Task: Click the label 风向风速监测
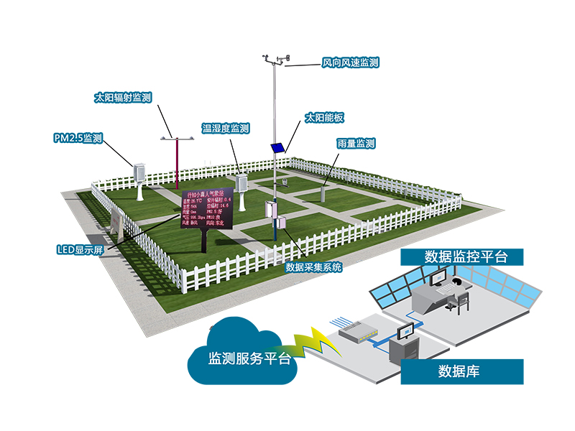pos(350,63)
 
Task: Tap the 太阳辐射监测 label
pos(123,98)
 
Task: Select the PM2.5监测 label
pos(78,137)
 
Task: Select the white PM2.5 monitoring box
pos(139,172)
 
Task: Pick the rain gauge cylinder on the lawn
pos(323,195)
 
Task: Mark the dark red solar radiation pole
pos(176,162)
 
